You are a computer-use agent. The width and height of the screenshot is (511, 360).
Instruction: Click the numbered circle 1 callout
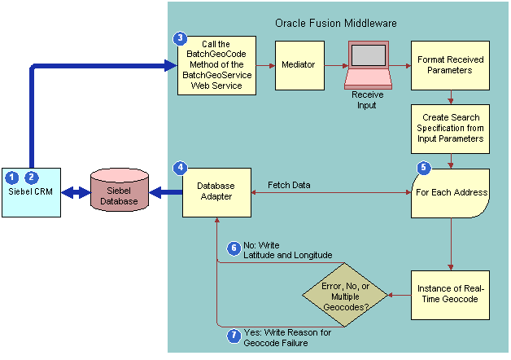pyautogui.click(x=11, y=177)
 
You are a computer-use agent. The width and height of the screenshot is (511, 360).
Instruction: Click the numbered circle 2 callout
pyautogui.click(x=31, y=177)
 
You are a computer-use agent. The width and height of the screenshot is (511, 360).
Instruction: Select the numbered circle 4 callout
pyautogui.click(x=180, y=168)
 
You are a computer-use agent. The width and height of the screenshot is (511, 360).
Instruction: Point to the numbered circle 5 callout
pyautogui.click(x=422, y=168)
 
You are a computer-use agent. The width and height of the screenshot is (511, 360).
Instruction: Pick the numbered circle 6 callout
pyautogui.click(x=233, y=248)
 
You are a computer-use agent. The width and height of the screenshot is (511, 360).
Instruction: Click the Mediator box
pyautogui.click(x=297, y=64)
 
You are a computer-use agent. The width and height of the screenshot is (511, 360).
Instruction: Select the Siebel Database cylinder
pyautogui.click(x=120, y=192)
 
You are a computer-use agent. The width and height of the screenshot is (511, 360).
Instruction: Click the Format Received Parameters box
pyautogui.click(x=450, y=65)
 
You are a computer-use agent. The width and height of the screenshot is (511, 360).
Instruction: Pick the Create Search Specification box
pyautogui.click(x=450, y=128)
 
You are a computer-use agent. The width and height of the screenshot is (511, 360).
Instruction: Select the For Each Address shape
pyautogui.click(x=450, y=193)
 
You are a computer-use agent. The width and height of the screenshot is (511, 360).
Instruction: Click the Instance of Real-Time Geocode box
pyautogui.click(x=450, y=295)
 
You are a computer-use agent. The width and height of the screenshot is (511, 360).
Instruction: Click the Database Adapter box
pyautogui.click(x=216, y=193)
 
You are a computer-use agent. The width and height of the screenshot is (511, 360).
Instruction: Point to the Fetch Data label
pyautogui.click(x=289, y=185)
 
